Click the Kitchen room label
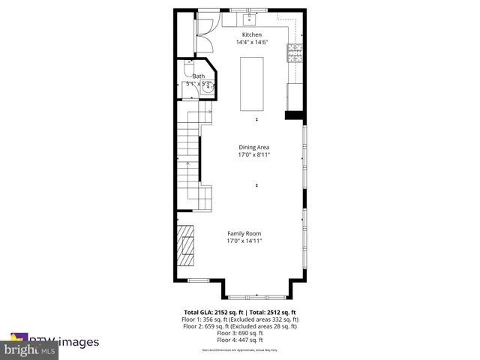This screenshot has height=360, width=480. click(x=251, y=34)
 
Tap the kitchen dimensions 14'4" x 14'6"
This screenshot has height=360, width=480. click(x=251, y=43)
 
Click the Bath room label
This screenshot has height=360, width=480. click(x=199, y=76)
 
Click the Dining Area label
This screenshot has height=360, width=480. click(x=253, y=147)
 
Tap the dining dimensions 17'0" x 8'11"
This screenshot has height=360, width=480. click(x=253, y=155)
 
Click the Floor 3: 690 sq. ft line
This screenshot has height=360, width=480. click(x=240, y=333)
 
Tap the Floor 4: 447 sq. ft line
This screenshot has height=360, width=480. click(x=240, y=340)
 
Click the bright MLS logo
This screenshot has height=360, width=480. click(x=30, y=350)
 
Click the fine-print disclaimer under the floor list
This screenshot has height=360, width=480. click(x=240, y=350)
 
